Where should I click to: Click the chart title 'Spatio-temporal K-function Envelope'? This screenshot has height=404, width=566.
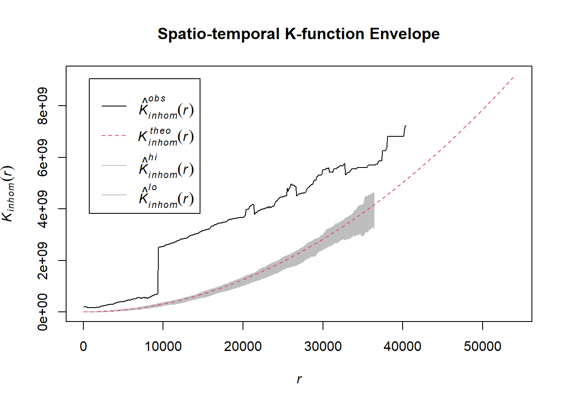pos(299,34)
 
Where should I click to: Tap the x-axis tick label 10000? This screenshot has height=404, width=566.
pos(163,346)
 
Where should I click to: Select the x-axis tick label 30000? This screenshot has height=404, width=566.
pos(323,346)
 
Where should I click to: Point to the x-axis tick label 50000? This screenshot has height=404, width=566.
pos(482,346)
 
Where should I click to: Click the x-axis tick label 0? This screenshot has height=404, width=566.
pos(83,346)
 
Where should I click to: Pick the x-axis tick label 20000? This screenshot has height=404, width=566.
pos(243,346)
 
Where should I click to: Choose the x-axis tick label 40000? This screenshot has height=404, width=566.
pos(402,346)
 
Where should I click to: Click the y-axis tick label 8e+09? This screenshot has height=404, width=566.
pos(43,106)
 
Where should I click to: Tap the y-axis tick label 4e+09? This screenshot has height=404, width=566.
pos(43,209)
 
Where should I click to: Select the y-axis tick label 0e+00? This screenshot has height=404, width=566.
pos(43,312)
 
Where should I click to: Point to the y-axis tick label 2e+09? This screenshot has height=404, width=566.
pos(43,260)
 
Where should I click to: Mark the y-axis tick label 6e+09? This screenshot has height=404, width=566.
pos(43,157)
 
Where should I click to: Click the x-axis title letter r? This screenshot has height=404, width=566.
pos(299,379)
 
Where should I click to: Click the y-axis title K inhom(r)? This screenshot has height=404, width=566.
pos(8,194)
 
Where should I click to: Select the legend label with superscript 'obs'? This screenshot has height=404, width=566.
pos(166,107)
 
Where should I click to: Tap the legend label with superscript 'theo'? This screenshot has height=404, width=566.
pos(166,136)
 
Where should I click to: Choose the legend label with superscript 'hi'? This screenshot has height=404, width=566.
pos(166,166)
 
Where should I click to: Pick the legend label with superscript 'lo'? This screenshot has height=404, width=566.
pos(166,196)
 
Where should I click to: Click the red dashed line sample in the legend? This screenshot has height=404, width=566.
pos(114,136)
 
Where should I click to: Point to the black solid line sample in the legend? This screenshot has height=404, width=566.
pos(114,106)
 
